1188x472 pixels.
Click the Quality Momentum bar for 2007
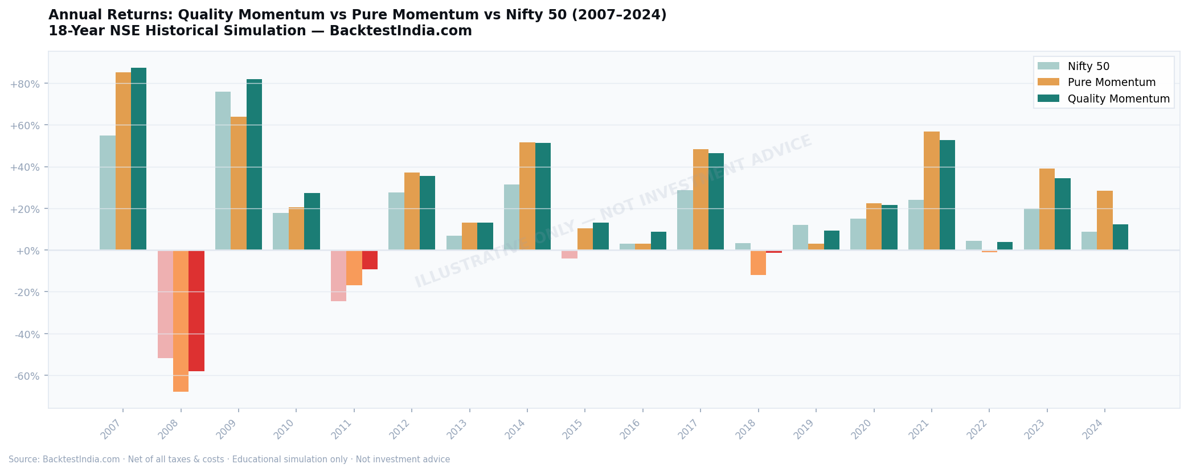[x=138, y=159]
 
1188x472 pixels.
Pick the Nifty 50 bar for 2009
[x=223, y=171]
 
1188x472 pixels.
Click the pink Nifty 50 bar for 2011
[x=338, y=276]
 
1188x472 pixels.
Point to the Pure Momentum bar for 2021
[x=931, y=191]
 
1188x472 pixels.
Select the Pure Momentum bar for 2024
[x=1104, y=220]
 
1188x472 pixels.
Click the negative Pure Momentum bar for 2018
[x=758, y=262]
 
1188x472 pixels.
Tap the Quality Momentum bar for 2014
[x=543, y=196]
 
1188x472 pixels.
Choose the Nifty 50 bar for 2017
[x=685, y=220]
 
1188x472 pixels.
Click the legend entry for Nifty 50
[x=1088, y=67]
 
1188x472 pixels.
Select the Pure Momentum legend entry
[x=1111, y=83]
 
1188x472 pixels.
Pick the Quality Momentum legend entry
[x=1118, y=99]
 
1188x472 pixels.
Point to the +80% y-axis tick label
[x=24, y=84]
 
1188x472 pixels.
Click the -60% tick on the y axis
[x=26, y=376]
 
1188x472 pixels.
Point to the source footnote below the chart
[x=229, y=459]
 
